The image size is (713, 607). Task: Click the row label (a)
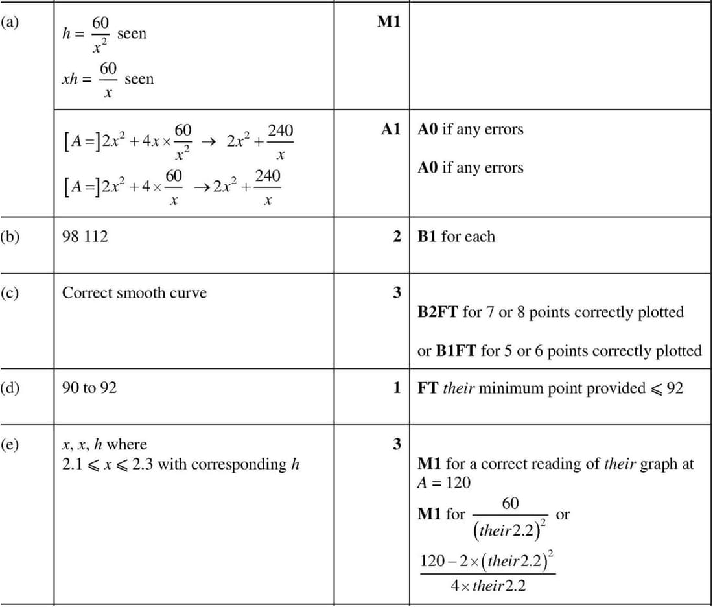click(10, 21)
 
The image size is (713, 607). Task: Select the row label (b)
click(10, 236)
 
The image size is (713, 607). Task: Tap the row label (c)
click(10, 292)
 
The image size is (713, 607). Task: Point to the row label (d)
click(10, 388)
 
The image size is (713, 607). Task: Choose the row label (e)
click(10, 444)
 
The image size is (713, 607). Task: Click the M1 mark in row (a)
click(389, 22)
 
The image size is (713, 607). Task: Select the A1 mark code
click(391, 129)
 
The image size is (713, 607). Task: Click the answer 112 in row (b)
click(97, 237)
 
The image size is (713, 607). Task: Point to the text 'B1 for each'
click(456, 237)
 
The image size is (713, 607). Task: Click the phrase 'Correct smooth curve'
click(134, 292)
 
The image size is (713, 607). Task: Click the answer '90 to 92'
click(89, 388)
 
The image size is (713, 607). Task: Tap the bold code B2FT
click(438, 313)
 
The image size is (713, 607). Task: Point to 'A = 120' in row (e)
click(444, 483)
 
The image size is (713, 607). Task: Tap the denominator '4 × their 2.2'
click(488, 586)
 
